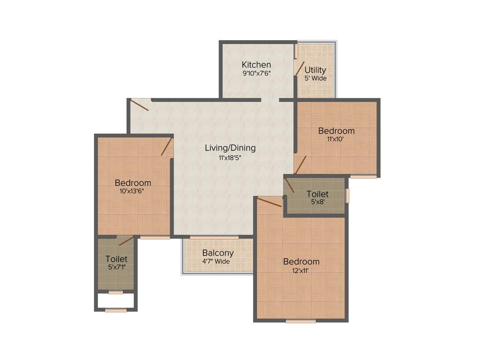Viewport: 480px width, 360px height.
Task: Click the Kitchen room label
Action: click(x=256, y=65)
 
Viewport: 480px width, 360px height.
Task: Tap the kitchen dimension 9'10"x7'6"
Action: click(x=256, y=73)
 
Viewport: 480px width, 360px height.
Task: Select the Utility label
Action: click(x=315, y=70)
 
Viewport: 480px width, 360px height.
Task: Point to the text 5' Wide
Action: click(x=315, y=78)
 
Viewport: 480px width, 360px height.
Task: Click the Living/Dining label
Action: click(x=230, y=148)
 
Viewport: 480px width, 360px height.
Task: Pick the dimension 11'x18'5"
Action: click(x=230, y=157)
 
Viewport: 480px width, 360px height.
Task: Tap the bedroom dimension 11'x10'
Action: click(x=336, y=139)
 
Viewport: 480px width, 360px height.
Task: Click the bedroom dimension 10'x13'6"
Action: click(x=133, y=191)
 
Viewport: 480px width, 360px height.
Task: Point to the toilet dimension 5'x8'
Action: click(x=317, y=202)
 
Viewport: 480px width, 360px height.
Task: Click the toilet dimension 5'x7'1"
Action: click(x=116, y=267)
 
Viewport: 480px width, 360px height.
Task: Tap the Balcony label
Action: click(x=218, y=253)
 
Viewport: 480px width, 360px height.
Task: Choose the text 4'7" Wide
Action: click(x=216, y=261)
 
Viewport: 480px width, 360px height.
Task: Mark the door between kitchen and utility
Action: click(x=300, y=68)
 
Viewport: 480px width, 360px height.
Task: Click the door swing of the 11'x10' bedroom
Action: click(x=300, y=165)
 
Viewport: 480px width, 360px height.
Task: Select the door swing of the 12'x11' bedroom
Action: click(x=270, y=202)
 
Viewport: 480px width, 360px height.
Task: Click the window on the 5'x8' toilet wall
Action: click(x=347, y=195)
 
